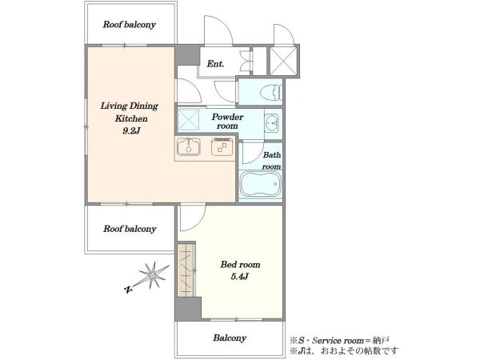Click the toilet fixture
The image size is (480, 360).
[270, 92]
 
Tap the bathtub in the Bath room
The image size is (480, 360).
[260, 184]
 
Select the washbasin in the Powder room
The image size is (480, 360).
[271, 123]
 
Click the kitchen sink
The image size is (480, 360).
[189, 147]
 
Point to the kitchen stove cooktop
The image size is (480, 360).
[222, 147]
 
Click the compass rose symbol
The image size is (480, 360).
[153, 276]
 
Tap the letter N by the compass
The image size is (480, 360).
[128, 289]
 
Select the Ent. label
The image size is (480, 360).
[215, 64]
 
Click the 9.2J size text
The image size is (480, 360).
[131, 131]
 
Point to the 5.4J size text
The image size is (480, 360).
[239, 277]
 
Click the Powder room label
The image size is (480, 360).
[227, 122]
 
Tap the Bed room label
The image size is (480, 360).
[240, 265]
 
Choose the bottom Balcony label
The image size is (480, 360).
[230, 338]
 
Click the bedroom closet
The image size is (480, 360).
[186, 270]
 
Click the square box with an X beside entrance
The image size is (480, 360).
[284, 61]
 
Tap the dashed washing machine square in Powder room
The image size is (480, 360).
[188, 120]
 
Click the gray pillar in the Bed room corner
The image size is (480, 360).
[188, 309]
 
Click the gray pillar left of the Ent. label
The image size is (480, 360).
[187, 54]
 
